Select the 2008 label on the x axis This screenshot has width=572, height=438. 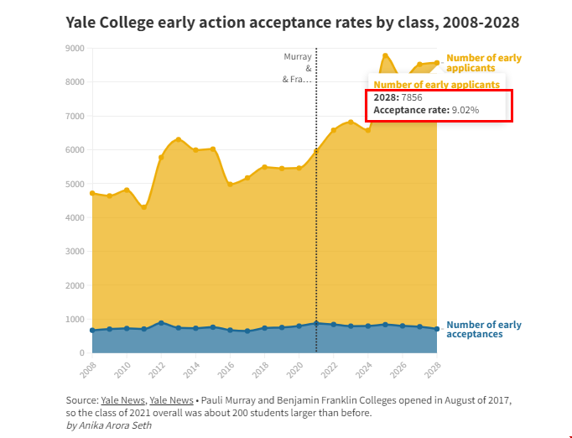88,368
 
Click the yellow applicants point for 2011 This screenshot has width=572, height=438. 144,207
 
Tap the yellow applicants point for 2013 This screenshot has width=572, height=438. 179,139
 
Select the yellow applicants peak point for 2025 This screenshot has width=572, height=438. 385,55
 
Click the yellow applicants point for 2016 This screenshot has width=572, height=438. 230,184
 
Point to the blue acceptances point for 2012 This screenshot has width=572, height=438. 161,322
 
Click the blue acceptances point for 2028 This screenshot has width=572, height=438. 437,329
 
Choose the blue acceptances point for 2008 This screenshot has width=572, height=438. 92,331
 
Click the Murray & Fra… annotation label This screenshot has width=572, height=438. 297,68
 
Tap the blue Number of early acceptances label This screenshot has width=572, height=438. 484,329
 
